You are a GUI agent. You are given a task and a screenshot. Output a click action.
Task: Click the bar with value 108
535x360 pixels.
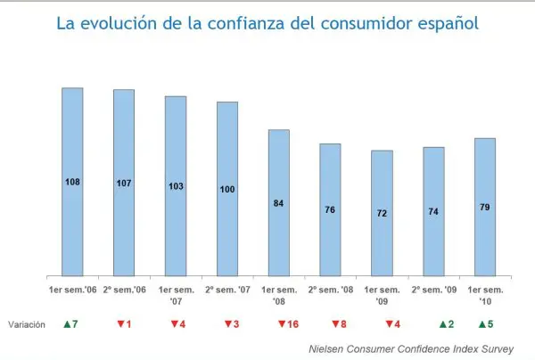(x=72, y=183)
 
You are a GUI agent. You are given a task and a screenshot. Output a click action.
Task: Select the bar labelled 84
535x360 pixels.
(x=279, y=203)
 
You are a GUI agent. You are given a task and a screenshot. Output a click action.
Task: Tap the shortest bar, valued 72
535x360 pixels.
(x=382, y=214)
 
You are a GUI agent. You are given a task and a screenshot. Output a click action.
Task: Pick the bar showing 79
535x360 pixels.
(x=485, y=208)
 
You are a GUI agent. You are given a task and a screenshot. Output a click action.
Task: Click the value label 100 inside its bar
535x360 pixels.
(x=227, y=190)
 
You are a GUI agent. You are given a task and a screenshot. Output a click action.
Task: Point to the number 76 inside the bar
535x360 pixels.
(x=330, y=210)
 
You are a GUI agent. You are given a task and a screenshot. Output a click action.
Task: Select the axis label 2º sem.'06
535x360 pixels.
(x=124, y=290)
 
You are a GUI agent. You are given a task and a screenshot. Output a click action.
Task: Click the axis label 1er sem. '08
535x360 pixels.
(x=279, y=295)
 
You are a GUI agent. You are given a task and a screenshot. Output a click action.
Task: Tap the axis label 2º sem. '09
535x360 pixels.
(x=433, y=290)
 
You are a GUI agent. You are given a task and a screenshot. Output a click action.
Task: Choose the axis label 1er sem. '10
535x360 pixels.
(x=485, y=295)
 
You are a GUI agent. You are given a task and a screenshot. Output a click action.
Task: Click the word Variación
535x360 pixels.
(x=25, y=325)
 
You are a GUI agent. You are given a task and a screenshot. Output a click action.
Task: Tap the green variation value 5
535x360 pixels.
(x=489, y=324)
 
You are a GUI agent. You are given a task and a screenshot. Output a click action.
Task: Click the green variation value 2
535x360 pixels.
(x=449, y=324)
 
